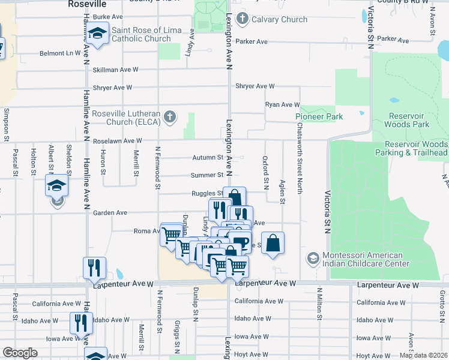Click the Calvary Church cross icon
click(243, 19)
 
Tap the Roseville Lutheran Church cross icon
click(170, 116)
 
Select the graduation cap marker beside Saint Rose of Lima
click(97, 35)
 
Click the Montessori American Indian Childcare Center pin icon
click(312, 259)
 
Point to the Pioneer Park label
click(319, 116)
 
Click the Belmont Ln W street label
click(60, 53)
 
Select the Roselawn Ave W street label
click(117, 141)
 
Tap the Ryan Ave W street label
click(282, 104)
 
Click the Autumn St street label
click(208, 158)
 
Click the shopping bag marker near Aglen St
click(273, 243)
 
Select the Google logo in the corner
click(19, 353)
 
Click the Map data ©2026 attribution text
click(423, 355)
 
